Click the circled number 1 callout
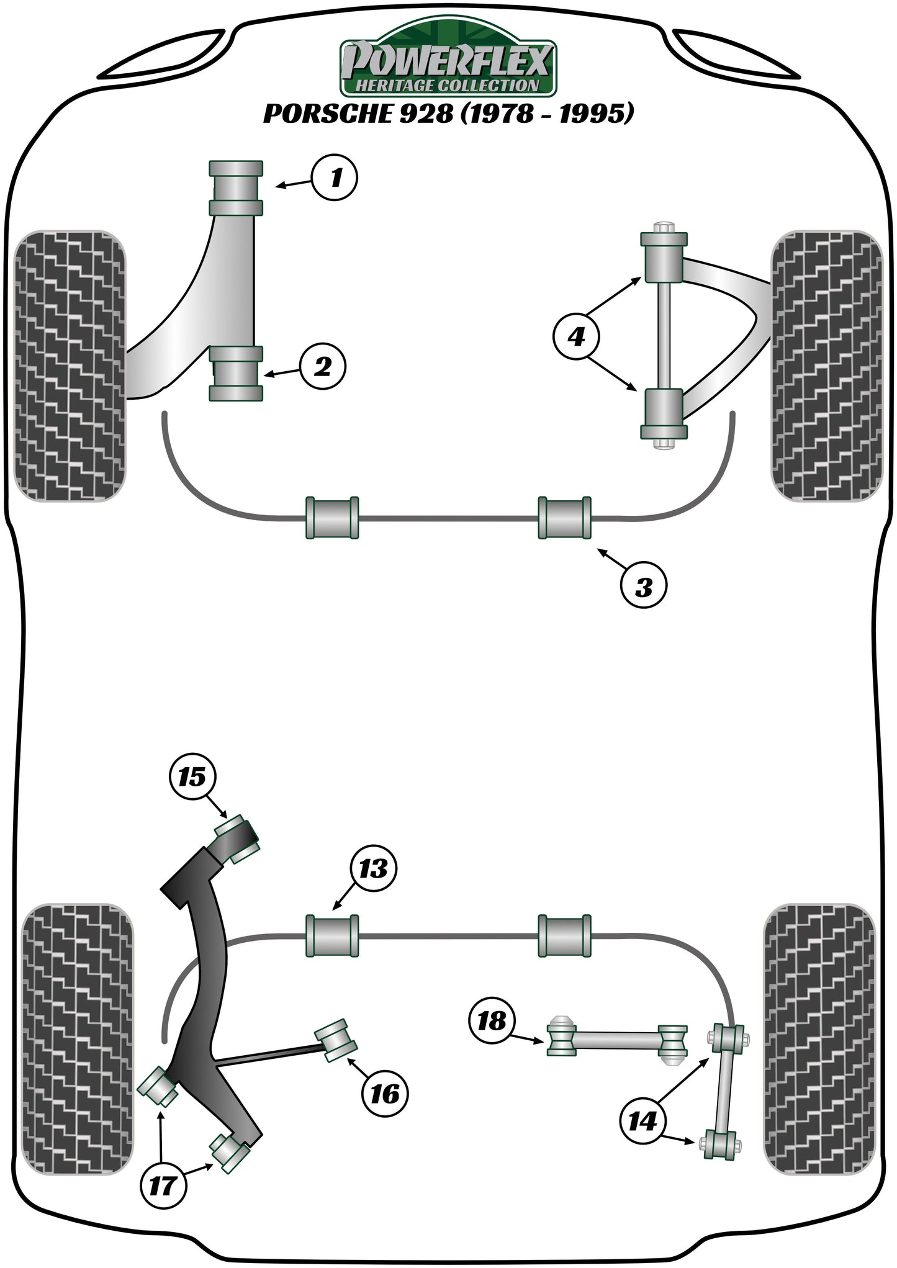point(335,178)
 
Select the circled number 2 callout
point(323,367)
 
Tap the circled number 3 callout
point(644,585)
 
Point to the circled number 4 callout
point(576,337)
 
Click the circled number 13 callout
point(372,868)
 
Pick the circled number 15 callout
point(192,776)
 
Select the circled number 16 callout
point(384,1094)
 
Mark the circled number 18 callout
point(492,1020)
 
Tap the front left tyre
point(70,366)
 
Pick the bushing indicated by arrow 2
point(235,374)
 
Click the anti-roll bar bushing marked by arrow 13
point(332,935)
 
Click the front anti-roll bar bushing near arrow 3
point(564,518)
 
